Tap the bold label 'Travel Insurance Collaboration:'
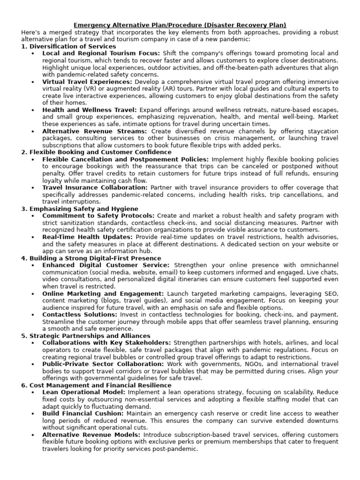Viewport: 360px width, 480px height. [95, 187]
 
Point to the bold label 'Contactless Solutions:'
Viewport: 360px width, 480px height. [80, 315]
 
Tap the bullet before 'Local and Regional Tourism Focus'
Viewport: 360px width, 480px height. [32, 53]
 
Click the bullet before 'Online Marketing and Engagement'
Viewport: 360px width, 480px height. [32, 293]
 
